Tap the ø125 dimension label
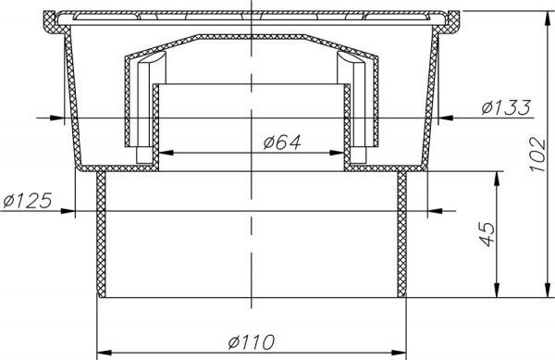tap(26, 201)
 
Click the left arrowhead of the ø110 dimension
tap(103, 351)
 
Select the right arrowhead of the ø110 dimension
tap(402, 351)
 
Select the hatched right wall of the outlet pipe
tap(402, 236)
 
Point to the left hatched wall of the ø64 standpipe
tap(156, 125)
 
